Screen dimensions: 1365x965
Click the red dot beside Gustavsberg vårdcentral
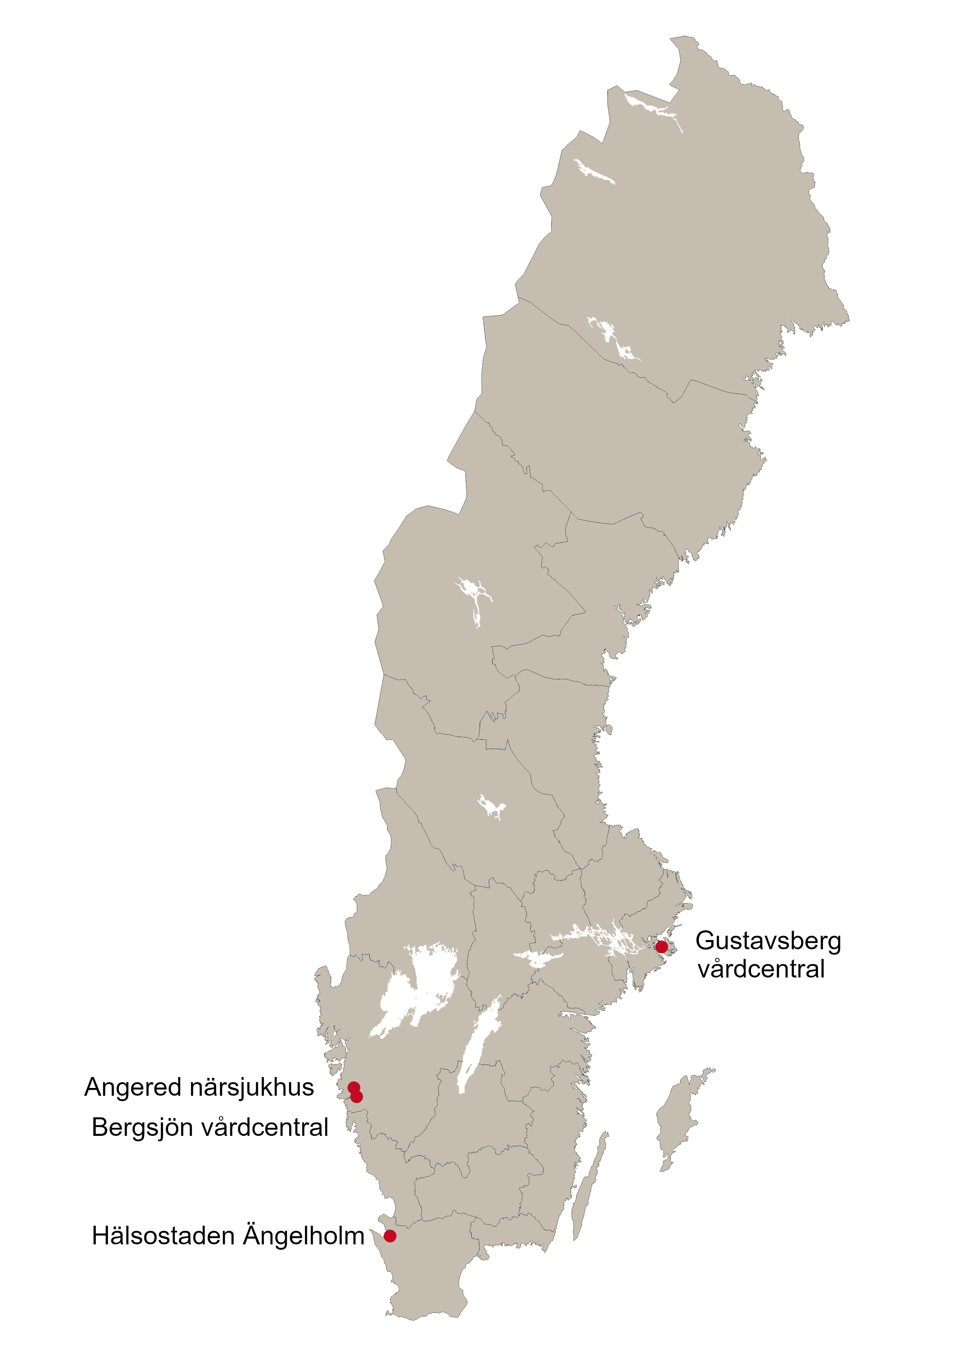(x=661, y=946)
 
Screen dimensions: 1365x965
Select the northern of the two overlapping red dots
(x=353, y=1088)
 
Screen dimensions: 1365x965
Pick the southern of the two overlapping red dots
(x=357, y=1097)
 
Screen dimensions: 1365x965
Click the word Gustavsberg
(x=768, y=942)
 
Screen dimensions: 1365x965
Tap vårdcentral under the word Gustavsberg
(x=761, y=970)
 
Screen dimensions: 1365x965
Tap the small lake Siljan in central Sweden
(x=491, y=807)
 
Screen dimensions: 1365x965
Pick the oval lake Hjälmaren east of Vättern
(x=535, y=957)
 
